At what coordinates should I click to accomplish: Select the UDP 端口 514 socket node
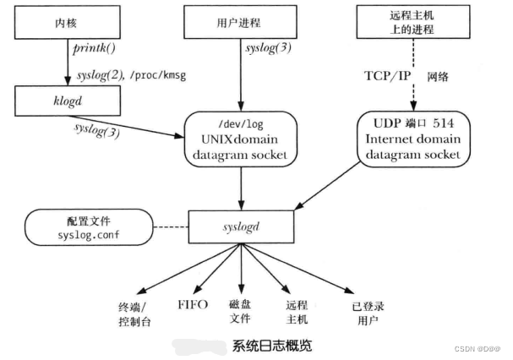pyautogui.click(x=414, y=136)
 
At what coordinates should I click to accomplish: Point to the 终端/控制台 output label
pyautogui.click(x=135, y=315)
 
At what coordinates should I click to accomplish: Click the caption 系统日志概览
pyautogui.click(x=270, y=346)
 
